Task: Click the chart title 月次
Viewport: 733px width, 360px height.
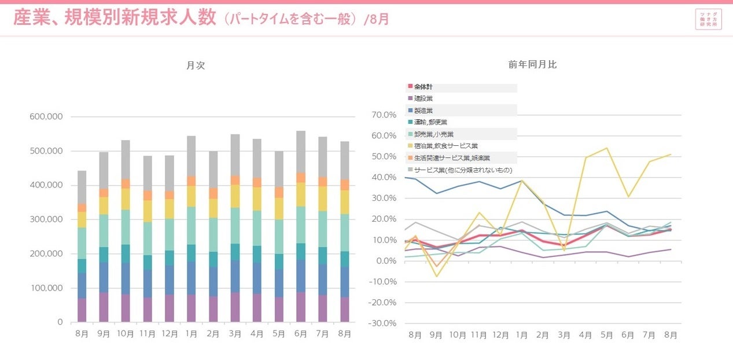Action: (x=196, y=66)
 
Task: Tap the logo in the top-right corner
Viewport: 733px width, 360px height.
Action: (x=708, y=20)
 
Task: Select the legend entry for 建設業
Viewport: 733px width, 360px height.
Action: (x=423, y=99)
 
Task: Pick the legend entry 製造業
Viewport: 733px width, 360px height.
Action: (x=423, y=111)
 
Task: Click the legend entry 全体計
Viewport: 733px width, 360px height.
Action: (x=423, y=87)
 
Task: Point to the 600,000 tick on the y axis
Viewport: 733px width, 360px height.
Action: (x=46, y=117)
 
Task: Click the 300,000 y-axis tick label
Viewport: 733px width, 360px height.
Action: (x=46, y=220)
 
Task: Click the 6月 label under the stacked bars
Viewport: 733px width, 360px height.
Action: (x=301, y=335)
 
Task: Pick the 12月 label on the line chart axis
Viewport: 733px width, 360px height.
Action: (x=500, y=335)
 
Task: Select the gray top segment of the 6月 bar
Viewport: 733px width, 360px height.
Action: (x=301, y=152)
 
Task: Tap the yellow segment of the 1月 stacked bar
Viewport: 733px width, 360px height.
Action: (x=191, y=196)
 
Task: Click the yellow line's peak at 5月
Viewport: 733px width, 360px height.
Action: (x=606, y=148)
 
